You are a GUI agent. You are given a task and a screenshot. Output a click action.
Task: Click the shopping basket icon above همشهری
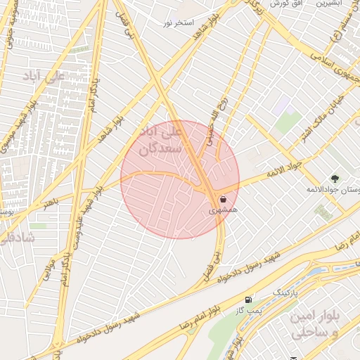[223, 199]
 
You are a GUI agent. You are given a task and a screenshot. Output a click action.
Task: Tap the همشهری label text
[223, 210]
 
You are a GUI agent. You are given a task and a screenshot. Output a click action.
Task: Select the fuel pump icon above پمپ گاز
[248, 300]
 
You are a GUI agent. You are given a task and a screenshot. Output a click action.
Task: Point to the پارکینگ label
[285, 290]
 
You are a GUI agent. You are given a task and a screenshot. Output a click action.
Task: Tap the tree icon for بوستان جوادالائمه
[335, 179]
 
